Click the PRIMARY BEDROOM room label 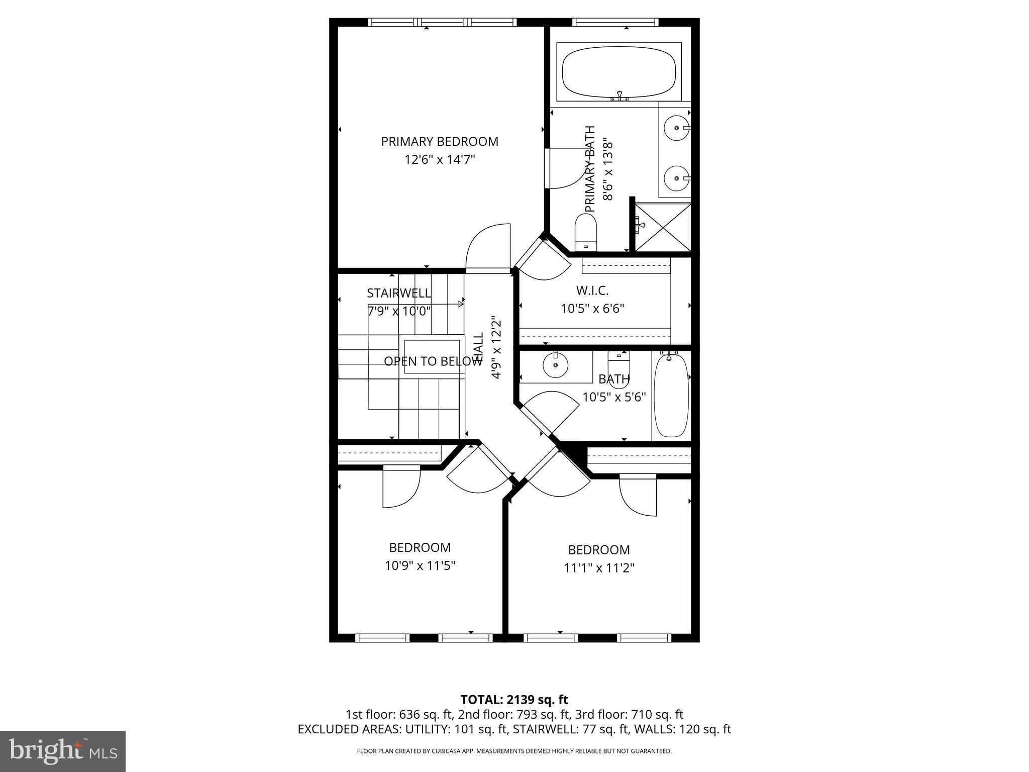pyautogui.click(x=440, y=142)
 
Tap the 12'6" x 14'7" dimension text pyautogui.click(x=440, y=160)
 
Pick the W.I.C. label pyautogui.click(x=592, y=291)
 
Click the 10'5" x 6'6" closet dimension pyautogui.click(x=592, y=309)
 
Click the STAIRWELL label pyautogui.click(x=398, y=293)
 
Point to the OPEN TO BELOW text pyautogui.click(x=433, y=361)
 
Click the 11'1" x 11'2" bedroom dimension pyautogui.click(x=599, y=568)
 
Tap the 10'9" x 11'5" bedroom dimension pyautogui.click(x=420, y=566)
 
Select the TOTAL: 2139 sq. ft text pyautogui.click(x=514, y=700)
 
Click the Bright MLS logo pyautogui.click(x=63, y=751)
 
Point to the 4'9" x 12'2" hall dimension pyautogui.click(x=496, y=347)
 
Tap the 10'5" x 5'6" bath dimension pyautogui.click(x=614, y=398)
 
